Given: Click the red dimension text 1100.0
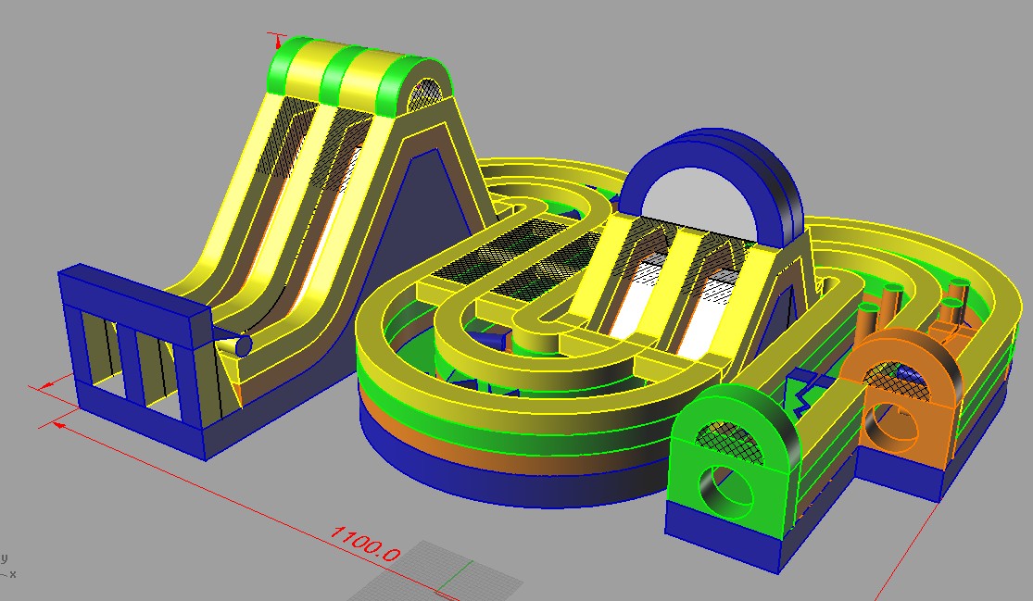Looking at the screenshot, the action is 364,543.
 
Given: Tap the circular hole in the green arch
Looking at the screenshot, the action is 724,494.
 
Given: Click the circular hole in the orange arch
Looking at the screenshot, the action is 890,428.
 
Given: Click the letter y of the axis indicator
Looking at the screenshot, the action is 4,559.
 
